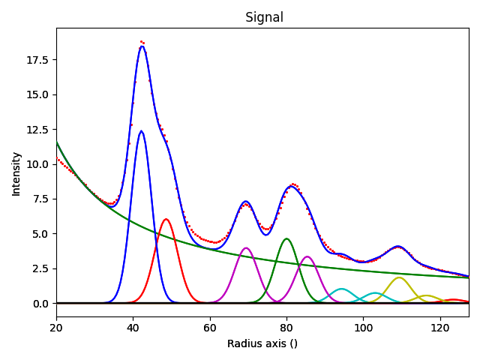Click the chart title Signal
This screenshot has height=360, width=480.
tap(264, 17)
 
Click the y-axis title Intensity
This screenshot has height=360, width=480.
tap(16, 173)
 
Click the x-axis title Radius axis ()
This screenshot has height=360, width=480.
tap(262, 343)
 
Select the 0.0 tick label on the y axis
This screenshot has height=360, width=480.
tap(41, 304)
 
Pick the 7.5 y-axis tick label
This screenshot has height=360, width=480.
tap(41, 199)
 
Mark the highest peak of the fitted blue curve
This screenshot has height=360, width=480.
tap(142, 46)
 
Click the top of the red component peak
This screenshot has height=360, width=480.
tap(166, 219)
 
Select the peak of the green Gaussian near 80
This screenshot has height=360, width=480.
tap(286, 238)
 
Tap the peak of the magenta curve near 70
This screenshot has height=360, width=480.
tap(246, 247)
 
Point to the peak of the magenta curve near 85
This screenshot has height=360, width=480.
tap(307, 256)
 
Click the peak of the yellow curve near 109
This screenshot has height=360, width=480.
tap(399, 277)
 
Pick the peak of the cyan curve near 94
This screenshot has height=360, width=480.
tap(341, 289)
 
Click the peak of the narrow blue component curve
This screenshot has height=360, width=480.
tap(141, 130)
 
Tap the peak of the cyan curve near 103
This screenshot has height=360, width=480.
tap(376, 292)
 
